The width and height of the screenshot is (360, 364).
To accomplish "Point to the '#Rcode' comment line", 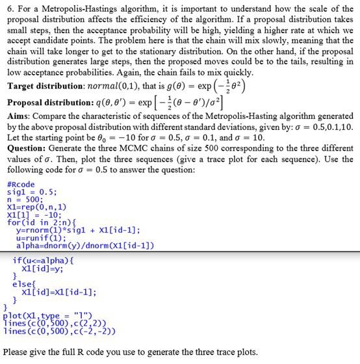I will (21, 184).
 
